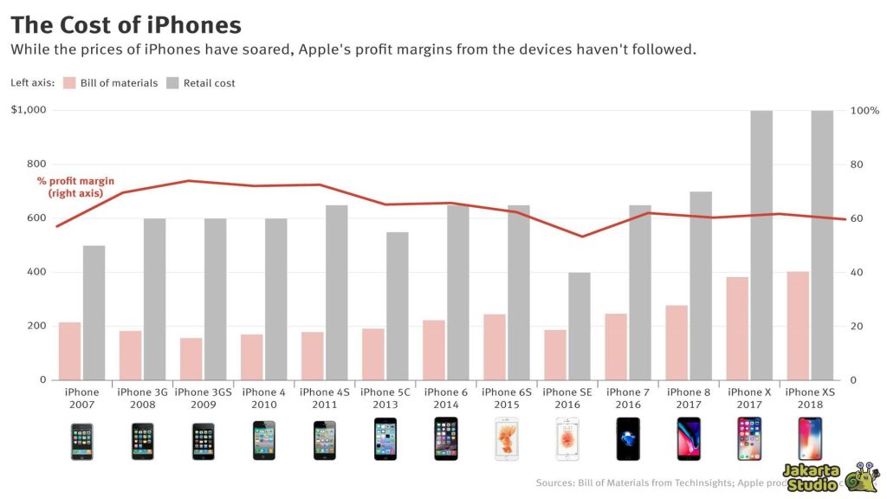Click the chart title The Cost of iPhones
pyautogui.click(x=126, y=24)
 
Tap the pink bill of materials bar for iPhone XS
pyautogui.click(x=798, y=326)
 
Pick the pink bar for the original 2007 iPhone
pyautogui.click(x=70, y=351)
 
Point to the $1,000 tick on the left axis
pyautogui.click(x=29, y=110)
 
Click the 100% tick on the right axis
pyautogui.click(x=863, y=110)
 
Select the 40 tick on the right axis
pyautogui.click(x=856, y=272)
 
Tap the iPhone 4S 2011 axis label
pyautogui.click(x=325, y=399)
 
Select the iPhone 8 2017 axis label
pyautogui.click(x=689, y=399)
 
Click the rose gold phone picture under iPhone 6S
pyautogui.click(x=507, y=439)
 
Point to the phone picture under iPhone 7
pyautogui.click(x=628, y=439)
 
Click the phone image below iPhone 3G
pyautogui.click(x=143, y=441)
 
